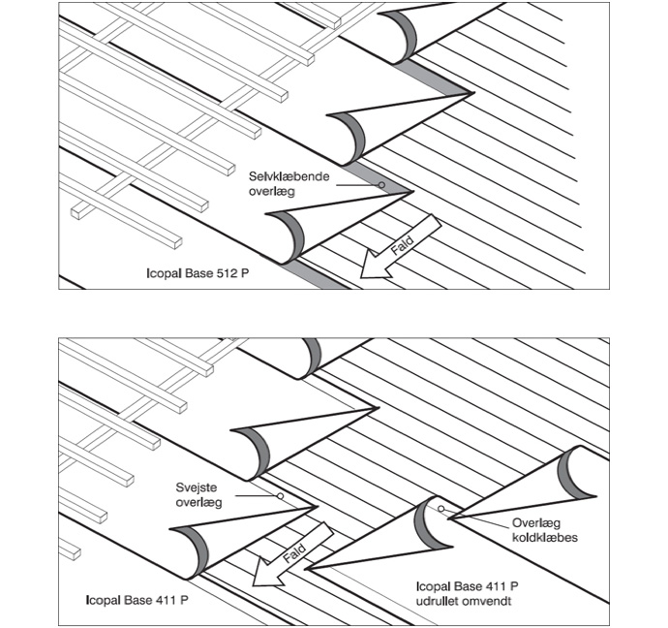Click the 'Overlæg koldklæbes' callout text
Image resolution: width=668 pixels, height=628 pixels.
coord(544,529)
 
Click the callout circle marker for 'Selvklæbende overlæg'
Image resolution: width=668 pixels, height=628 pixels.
coord(382,185)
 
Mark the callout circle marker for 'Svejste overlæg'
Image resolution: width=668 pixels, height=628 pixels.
coord(280,496)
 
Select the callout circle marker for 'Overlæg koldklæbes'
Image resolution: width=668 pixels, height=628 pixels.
coord(440,507)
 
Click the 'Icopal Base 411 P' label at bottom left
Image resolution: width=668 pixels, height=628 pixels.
coord(137,601)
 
